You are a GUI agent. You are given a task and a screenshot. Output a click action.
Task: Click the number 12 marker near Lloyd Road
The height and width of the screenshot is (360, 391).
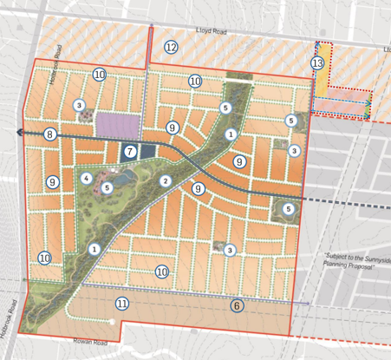(171, 47)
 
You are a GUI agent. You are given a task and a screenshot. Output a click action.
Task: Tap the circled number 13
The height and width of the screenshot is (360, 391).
(318, 64)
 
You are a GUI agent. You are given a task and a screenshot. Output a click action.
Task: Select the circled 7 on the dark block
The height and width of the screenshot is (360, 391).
(130, 151)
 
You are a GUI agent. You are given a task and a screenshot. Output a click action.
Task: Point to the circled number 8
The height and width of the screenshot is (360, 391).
(50, 134)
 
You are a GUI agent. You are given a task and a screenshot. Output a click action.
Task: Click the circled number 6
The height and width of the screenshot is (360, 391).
(236, 304)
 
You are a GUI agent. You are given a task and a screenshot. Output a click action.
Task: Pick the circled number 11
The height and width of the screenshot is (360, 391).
(122, 303)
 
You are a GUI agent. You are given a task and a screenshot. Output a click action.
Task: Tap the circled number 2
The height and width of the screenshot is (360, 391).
(165, 180)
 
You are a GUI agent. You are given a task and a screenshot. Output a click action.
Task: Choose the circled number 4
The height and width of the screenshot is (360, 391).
(86, 178)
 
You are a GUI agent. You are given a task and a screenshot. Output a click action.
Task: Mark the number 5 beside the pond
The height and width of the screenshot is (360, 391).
(108, 187)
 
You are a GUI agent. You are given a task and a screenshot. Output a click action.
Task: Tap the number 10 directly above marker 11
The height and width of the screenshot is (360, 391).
(161, 272)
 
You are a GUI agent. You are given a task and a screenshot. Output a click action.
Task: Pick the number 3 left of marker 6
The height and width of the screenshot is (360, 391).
(229, 250)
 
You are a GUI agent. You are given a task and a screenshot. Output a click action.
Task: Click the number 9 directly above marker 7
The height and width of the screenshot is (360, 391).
(173, 128)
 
